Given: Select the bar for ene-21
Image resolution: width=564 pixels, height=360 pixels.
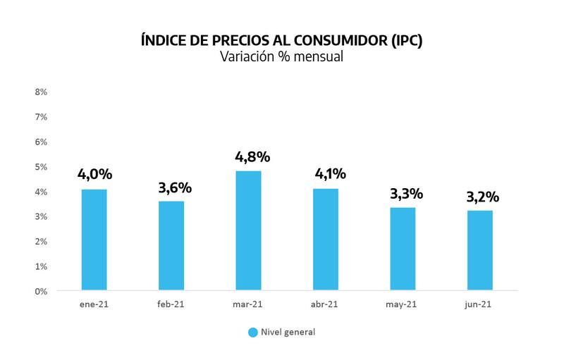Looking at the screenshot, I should point(94,240).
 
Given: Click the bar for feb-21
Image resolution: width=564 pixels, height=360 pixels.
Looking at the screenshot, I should point(171,246).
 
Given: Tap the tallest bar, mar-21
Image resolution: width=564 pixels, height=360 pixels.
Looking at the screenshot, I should point(249,230).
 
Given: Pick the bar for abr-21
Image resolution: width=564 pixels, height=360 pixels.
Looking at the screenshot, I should point(326,240).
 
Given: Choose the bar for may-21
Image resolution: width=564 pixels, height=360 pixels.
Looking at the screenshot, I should point(403,249).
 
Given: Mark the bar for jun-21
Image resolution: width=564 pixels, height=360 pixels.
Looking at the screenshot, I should point(480,250).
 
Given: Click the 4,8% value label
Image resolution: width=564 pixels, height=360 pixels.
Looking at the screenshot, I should point(252,156).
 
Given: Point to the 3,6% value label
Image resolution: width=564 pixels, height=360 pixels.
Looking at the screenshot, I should point(175,188).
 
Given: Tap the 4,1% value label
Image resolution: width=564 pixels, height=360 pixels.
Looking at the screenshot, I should point(330,174).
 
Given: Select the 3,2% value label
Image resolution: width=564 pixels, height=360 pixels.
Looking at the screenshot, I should point(484,197).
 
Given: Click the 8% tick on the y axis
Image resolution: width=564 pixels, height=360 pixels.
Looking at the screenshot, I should point(41,92).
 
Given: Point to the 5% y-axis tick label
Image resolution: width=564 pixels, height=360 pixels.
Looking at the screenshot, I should point(41,167).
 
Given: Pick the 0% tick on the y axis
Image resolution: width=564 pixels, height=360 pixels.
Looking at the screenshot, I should point(41,291).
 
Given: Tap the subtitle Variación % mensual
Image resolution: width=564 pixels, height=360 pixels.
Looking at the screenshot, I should point(281,58).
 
